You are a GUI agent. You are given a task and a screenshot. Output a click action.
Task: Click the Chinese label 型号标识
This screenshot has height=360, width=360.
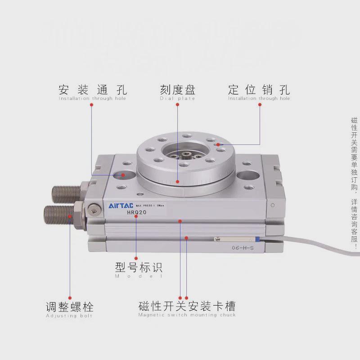coord(139,268)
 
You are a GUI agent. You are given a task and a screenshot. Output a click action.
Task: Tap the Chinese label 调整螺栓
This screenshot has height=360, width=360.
coord(70,307)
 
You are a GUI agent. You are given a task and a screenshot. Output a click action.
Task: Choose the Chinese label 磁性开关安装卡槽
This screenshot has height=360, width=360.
coord(187,307)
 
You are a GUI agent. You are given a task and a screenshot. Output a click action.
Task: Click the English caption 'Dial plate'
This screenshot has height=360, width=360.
coord(178,99)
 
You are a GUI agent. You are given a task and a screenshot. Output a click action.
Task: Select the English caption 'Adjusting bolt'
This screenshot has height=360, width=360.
coord(69,316)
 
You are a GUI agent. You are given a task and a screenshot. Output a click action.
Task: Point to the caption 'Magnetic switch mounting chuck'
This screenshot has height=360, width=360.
coord(187,315)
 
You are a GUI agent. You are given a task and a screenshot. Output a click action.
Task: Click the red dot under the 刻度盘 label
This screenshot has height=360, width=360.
coord(178,104)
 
